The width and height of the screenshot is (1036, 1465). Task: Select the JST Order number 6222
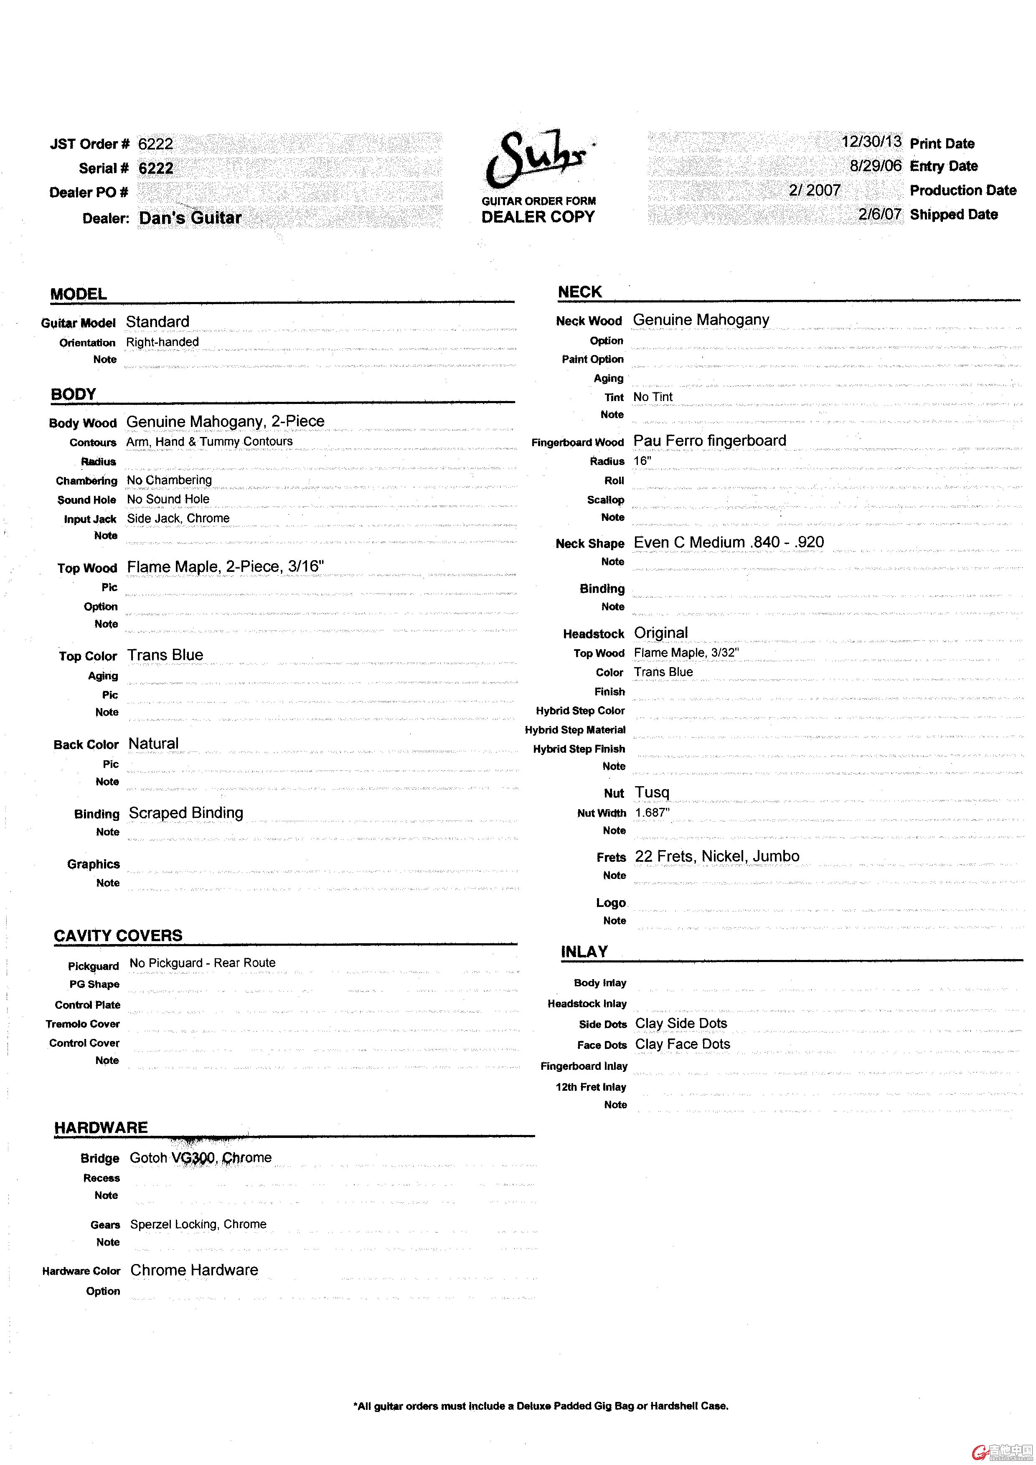coord(156,144)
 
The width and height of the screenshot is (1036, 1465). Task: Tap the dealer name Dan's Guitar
coord(190,218)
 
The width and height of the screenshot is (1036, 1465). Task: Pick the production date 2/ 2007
coord(815,190)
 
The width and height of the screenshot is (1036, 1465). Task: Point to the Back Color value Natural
coord(154,743)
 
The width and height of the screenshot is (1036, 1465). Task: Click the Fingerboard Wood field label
coord(577,442)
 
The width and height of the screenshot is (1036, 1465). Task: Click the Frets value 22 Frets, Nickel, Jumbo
coord(717,856)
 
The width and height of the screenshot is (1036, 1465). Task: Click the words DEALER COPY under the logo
coord(538,217)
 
